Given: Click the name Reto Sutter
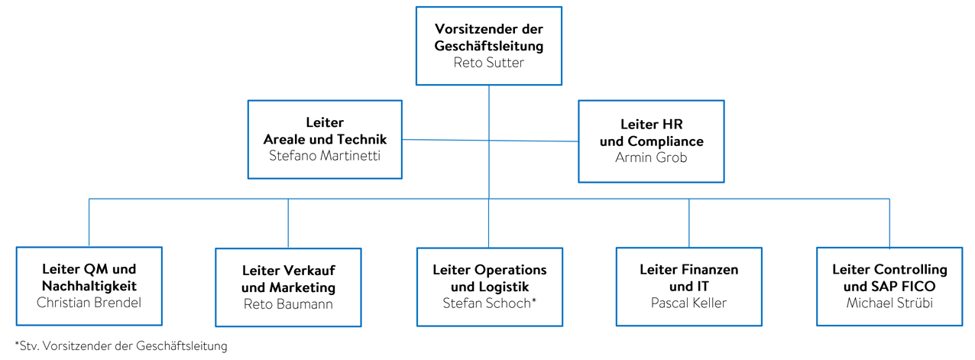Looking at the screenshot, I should pos(489,63).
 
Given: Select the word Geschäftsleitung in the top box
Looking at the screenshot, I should pos(489,46).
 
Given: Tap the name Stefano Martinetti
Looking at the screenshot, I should pos(325,156).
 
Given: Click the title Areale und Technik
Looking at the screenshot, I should pos(325,139).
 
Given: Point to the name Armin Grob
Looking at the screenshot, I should pos(651,158).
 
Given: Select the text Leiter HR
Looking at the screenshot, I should pos(651,124).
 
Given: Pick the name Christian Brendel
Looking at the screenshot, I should pos(89,302).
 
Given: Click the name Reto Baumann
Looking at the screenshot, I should pos(288,304).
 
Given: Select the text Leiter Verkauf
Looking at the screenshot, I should pos(288,271).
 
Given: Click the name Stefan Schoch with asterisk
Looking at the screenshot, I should pos(489,303).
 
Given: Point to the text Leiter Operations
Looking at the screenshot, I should pos(489,270).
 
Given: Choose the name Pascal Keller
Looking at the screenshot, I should pos(688,303).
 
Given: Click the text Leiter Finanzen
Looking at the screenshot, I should pos(688,270).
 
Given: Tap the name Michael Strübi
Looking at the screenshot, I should pos(889,303).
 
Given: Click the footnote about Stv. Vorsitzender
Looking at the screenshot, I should pos(121,346).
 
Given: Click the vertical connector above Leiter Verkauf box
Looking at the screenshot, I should pos(288,223).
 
